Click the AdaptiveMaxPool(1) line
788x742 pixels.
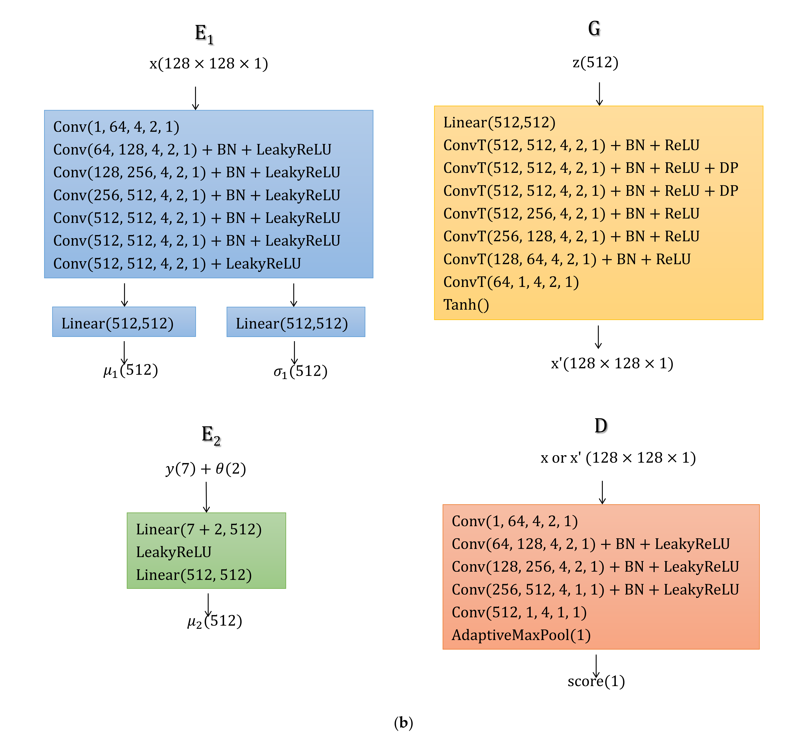(521, 635)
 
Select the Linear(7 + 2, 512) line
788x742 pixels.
(199, 529)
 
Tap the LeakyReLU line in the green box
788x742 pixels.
(174, 552)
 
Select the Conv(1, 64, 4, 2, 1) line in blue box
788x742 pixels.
(116, 127)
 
